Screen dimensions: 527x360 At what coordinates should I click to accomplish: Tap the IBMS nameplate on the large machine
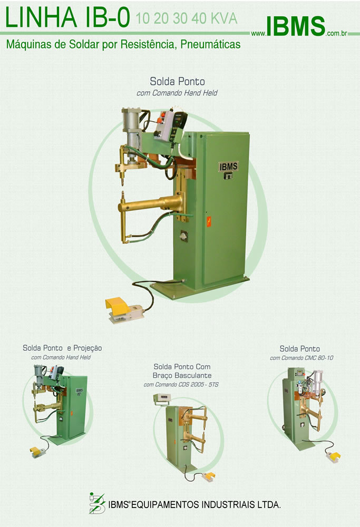click(x=229, y=167)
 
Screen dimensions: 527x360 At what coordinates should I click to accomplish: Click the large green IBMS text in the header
click(x=295, y=26)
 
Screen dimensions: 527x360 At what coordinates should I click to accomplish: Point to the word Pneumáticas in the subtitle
click(x=210, y=44)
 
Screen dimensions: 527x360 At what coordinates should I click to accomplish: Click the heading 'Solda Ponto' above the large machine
click(x=177, y=82)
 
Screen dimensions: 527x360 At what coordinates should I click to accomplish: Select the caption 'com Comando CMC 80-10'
click(x=301, y=358)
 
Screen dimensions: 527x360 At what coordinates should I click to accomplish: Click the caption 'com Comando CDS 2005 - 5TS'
click(x=181, y=385)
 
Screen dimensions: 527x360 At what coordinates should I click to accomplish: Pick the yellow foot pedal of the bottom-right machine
click(x=334, y=456)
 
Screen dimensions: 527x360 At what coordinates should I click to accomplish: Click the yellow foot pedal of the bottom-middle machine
click(x=207, y=476)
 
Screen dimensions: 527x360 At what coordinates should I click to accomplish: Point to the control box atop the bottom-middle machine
click(x=160, y=398)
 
